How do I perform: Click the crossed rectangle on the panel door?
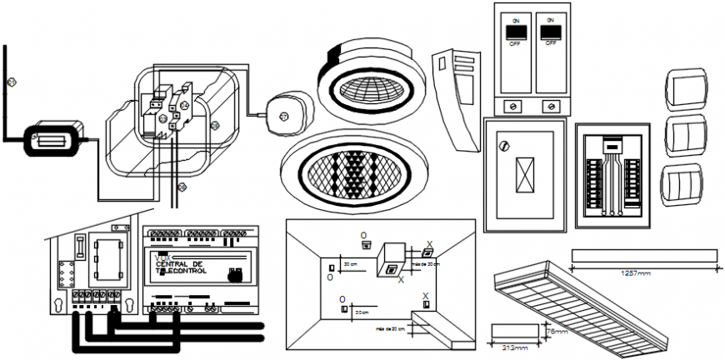(x=525, y=175)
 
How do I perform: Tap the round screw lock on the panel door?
(x=503, y=146)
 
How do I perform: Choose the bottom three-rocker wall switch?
(x=684, y=186)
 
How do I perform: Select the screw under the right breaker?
(x=549, y=106)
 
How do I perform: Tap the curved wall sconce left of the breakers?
(x=457, y=96)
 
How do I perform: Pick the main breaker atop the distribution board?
(x=612, y=144)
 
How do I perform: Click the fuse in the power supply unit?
(x=79, y=246)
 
